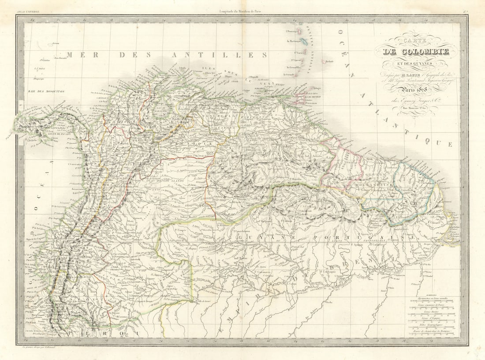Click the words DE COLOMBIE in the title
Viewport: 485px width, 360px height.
(x=416, y=52)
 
